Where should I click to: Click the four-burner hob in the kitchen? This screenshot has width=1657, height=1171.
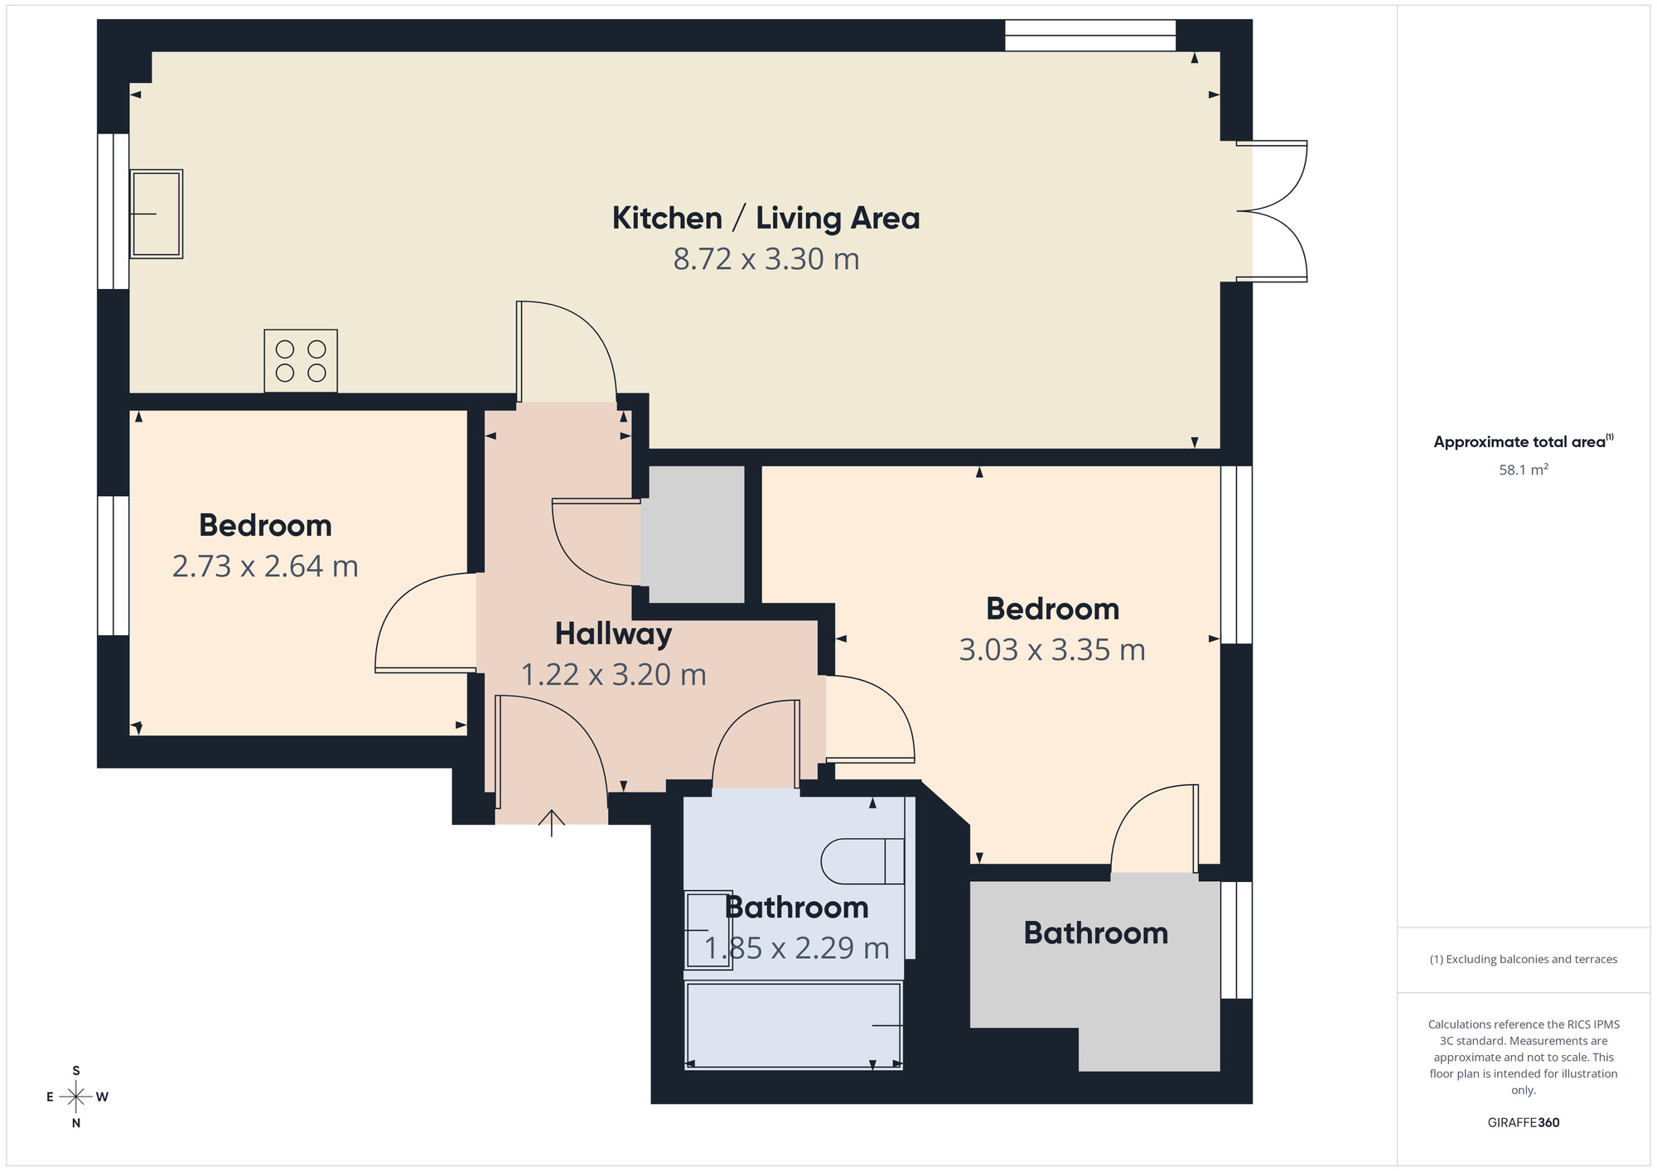click(x=301, y=361)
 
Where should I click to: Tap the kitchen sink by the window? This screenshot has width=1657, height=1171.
click(x=156, y=214)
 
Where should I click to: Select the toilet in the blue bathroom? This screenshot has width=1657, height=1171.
click(x=862, y=861)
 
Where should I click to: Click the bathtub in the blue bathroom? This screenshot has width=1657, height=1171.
click(x=793, y=1025)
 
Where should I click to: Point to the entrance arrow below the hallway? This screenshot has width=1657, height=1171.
click(x=552, y=822)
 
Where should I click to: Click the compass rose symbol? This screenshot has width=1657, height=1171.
click(x=76, y=1097)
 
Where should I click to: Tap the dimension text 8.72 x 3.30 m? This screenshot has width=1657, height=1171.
click(x=766, y=259)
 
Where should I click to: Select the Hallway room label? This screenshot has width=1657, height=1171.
click(x=613, y=634)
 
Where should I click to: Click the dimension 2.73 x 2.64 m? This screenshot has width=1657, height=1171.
click(x=265, y=566)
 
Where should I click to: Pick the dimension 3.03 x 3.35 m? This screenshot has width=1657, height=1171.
click(x=1052, y=650)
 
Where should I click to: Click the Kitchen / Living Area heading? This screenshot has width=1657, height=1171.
click(x=766, y=219)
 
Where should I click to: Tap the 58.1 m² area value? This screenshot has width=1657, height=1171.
click(x=1523, y=470)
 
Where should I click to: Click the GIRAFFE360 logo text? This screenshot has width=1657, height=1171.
click(x=1523, y=1123)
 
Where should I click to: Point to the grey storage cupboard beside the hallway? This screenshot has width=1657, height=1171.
click(x=694, y=534)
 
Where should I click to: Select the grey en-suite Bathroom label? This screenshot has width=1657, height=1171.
click(x=1095, y=933)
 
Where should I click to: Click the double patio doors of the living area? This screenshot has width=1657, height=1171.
click(x=1272, y=211)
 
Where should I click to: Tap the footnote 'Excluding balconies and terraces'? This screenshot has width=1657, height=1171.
click(x=1523, y=960)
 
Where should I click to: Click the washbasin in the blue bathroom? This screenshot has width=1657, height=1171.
click(x=707, y=930)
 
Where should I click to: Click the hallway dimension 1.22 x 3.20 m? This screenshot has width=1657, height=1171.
click(x=613, y=675)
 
